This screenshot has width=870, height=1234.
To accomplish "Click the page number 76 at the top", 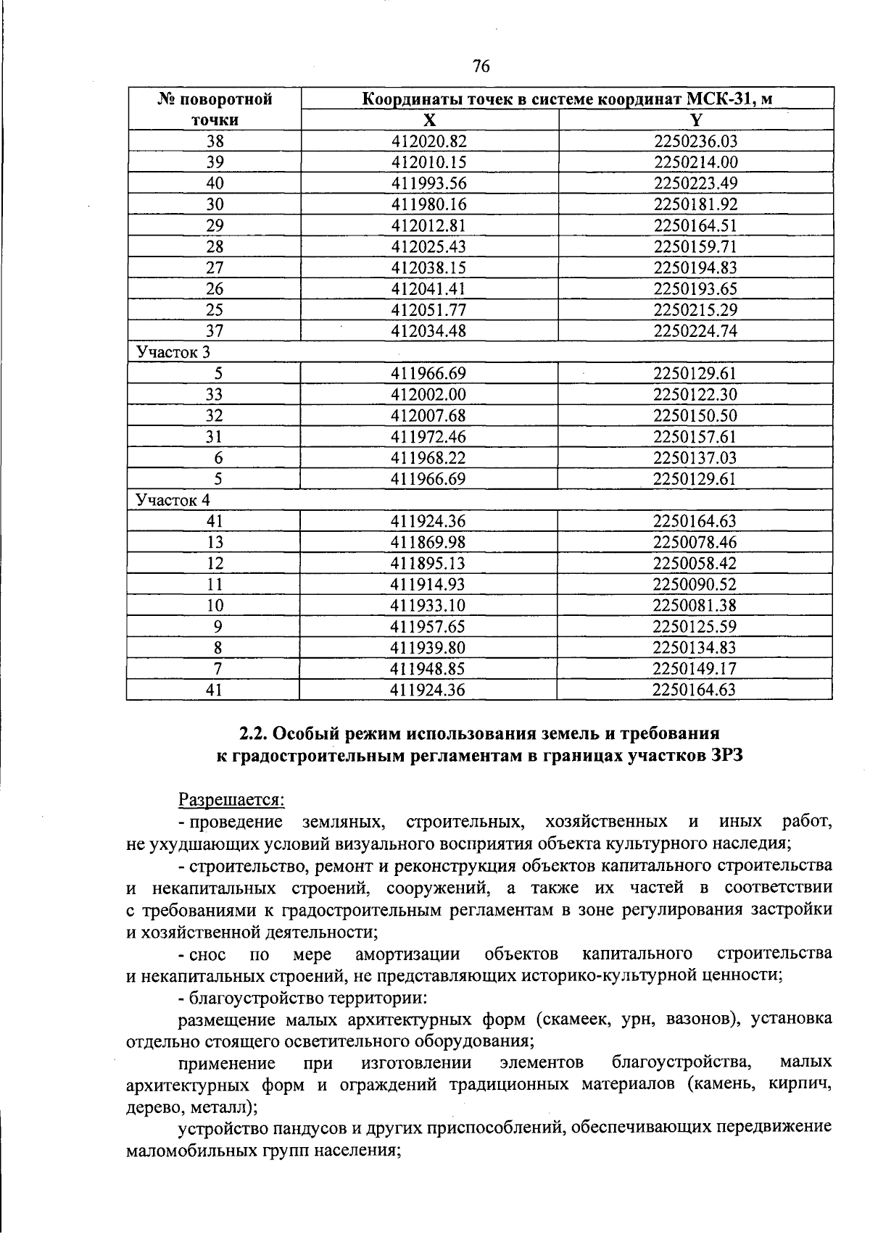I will coord(481,67).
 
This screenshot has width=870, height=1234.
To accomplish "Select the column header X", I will coord(429,120).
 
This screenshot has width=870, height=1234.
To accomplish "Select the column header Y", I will coord(696,120).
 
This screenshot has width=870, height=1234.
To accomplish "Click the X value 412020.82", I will coord(428,141).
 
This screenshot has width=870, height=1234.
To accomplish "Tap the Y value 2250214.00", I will coord(695,162).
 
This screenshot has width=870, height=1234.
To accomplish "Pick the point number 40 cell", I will coord(215,183).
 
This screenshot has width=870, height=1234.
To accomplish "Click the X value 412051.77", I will coord(428,310).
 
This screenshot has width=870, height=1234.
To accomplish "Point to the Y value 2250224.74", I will coord(695,331).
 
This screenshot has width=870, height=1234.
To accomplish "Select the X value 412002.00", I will coord(428,394).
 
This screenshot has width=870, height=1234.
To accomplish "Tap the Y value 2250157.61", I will coord(695,436).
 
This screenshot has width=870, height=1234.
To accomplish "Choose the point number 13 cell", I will coord(215,542).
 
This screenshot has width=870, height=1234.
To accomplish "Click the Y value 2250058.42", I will coord(695,563).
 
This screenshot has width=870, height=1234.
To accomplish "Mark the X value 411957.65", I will coord(428,626).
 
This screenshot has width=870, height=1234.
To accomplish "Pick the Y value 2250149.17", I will coord(695,668).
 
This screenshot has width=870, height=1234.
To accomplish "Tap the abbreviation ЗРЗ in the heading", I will coord(727,756).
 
